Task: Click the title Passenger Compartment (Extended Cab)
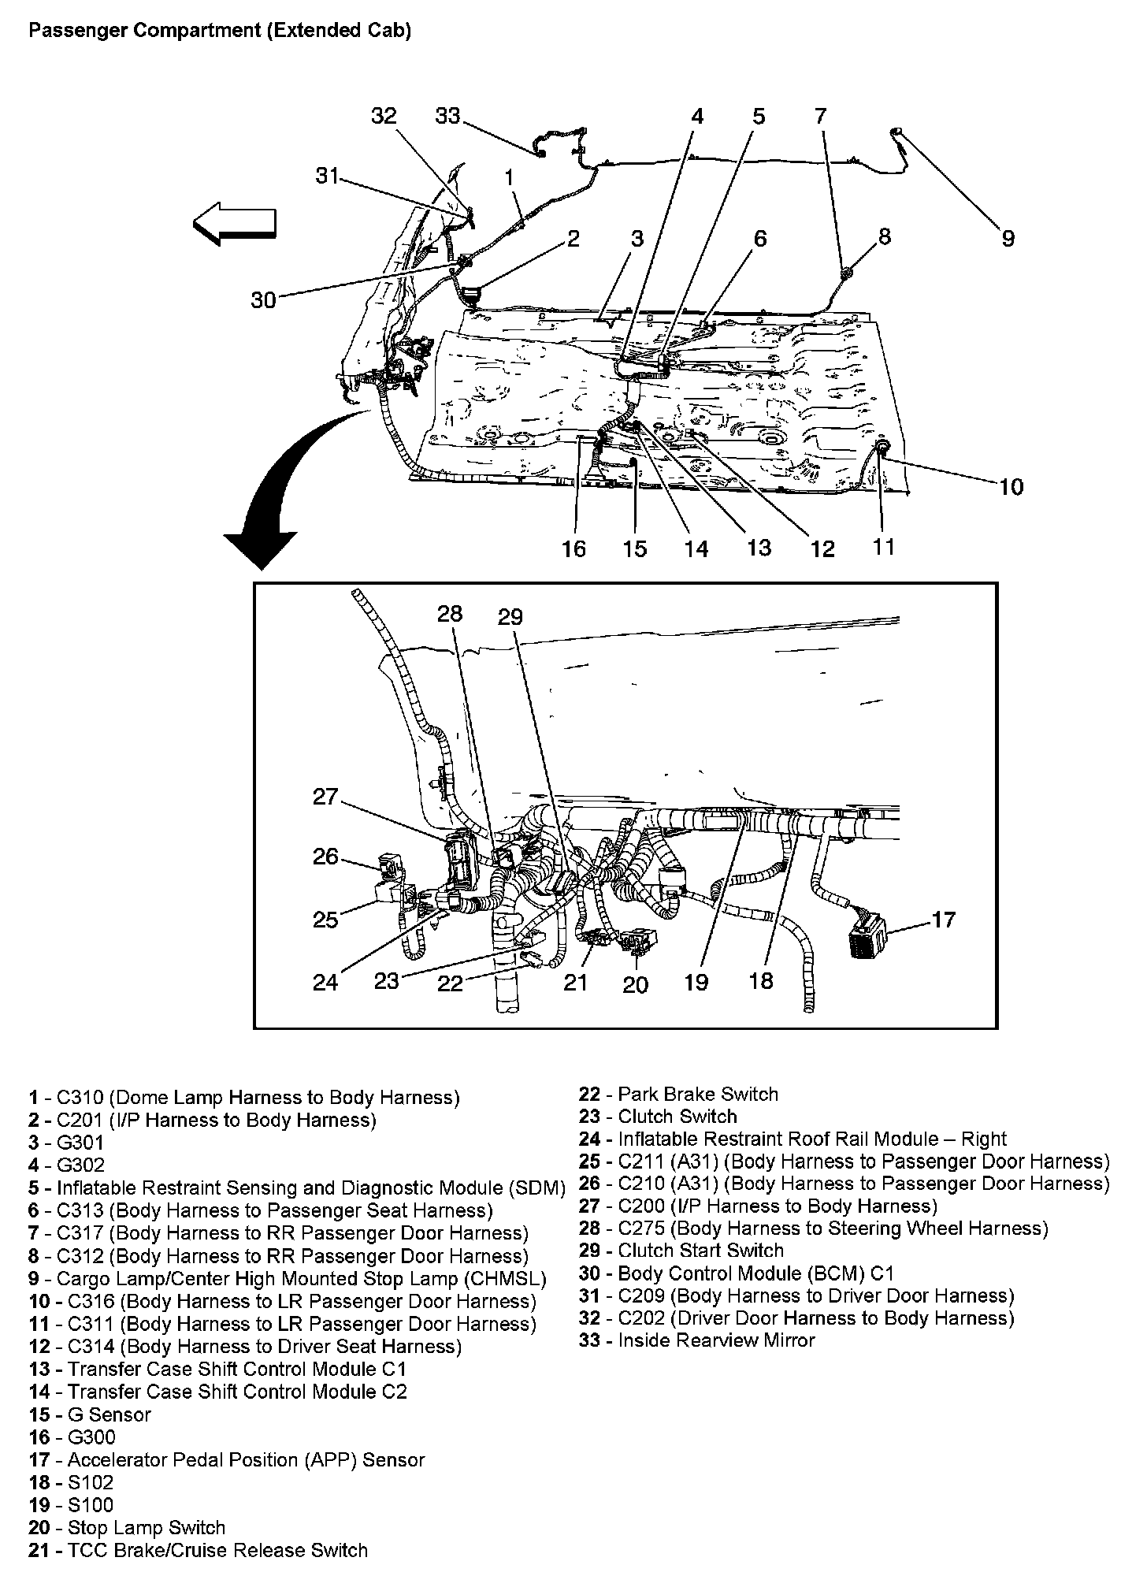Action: point(219,32)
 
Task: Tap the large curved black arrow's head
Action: point(260,549)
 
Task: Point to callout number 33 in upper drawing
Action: point(447,117)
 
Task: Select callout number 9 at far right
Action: point(1008,238)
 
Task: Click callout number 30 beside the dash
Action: point(263,299)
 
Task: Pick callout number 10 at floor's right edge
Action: point(1011,487)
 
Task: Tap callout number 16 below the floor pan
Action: point(574,548)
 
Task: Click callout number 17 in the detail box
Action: point(943,919)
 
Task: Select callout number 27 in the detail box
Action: point(325,797)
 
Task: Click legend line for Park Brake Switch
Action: point(678,1095)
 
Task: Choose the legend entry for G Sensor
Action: point(90,1414)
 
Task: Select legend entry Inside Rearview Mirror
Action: point(696,1340)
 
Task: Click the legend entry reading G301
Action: point(67,1143)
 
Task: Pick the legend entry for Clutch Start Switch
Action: point(681,1251)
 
